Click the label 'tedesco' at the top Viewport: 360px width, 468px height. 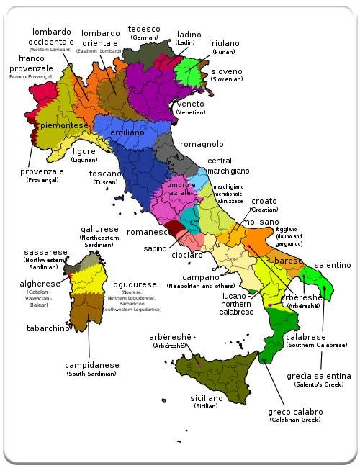click(143, 29)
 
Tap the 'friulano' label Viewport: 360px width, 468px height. click(224, 43)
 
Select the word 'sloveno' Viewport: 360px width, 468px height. click(226, 71)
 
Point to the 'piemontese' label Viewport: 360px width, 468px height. click(65, 125)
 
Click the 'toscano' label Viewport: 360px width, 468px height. click(105, 174)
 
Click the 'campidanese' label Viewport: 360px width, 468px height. click(92, 365)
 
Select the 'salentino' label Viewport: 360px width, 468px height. click(332, 265)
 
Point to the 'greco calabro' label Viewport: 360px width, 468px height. click(294, 412)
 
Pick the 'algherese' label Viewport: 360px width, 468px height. click(40, 284)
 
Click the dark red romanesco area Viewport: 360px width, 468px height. click(175, 230)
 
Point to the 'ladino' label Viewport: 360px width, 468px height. click(189, 34)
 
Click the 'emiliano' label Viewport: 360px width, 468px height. click(127, 133)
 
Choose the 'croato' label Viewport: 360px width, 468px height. click(264, 201)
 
